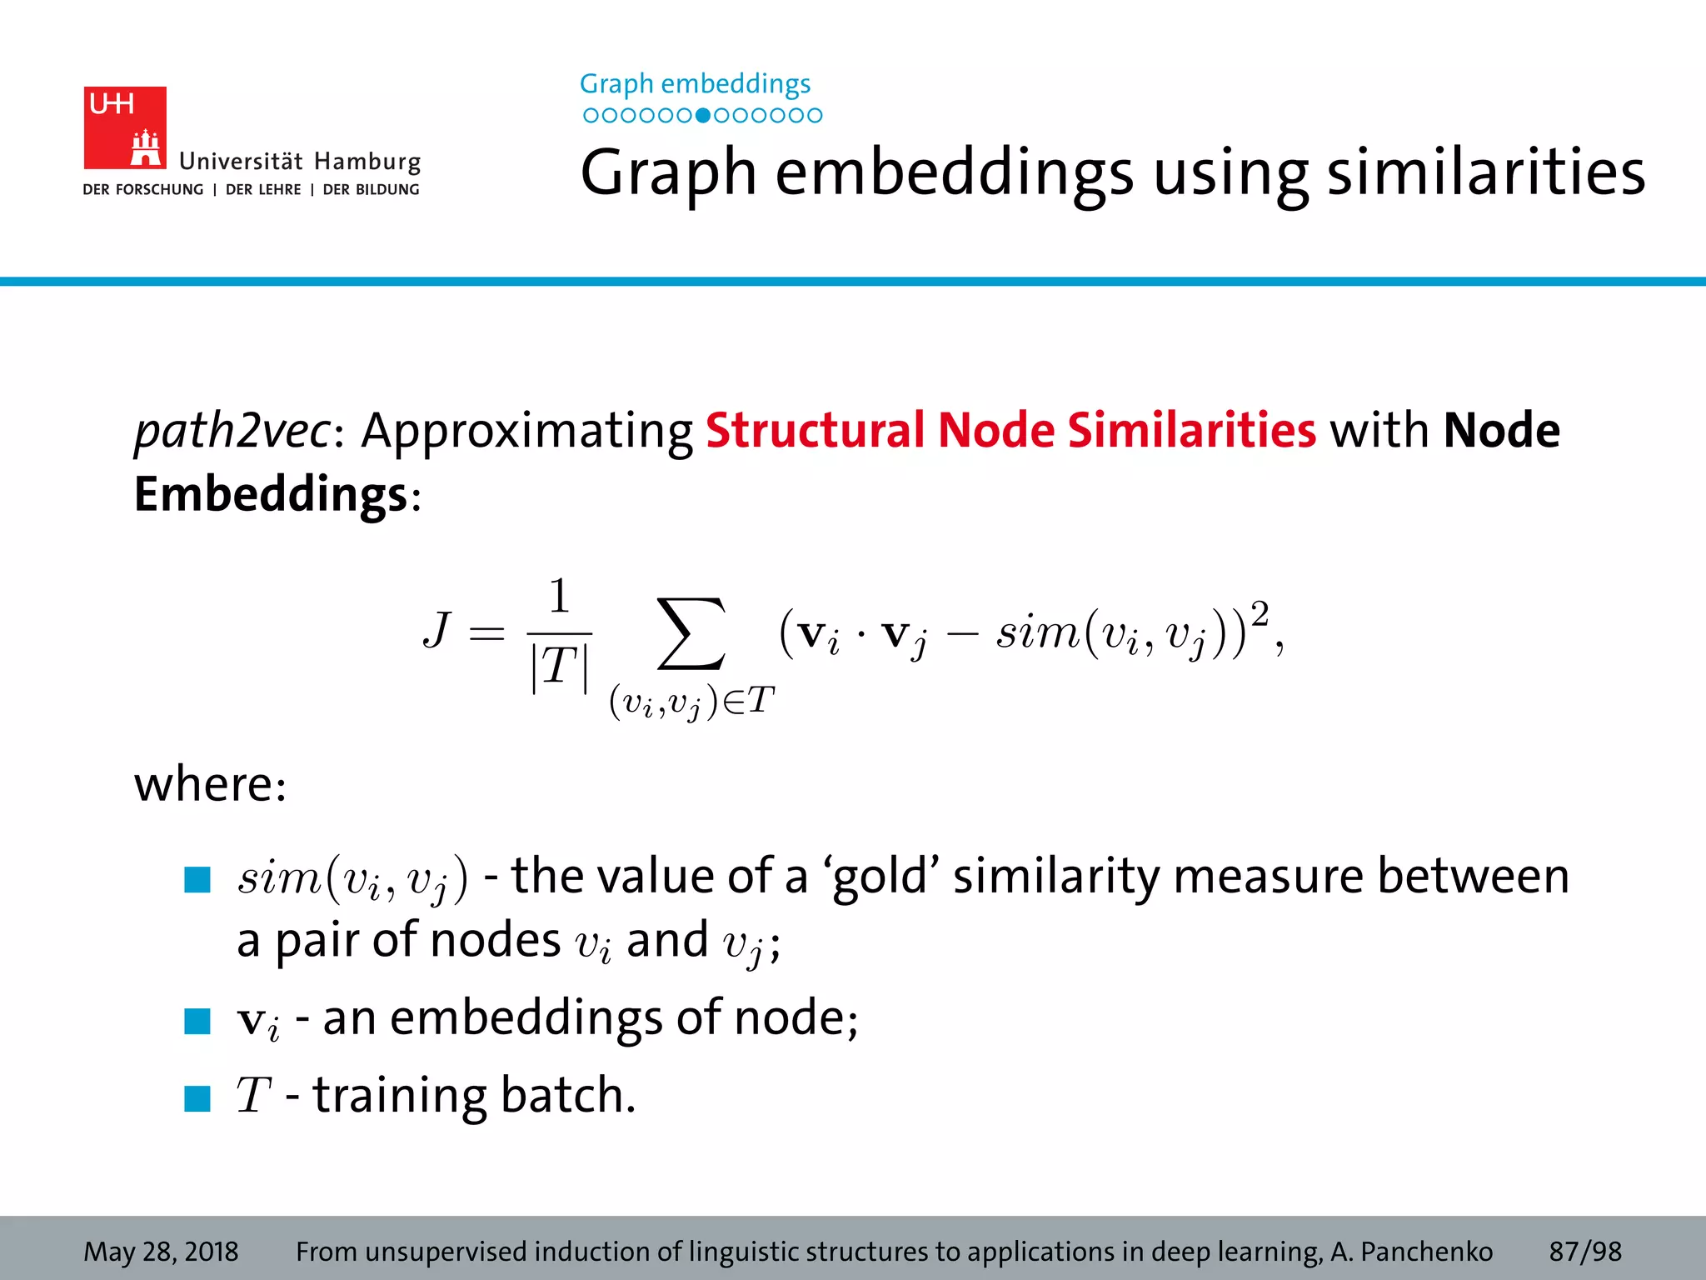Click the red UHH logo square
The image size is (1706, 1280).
coord(125,127)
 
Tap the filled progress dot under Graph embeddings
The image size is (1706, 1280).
coord(703,116)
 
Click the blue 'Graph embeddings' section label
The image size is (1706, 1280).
coord(695,84)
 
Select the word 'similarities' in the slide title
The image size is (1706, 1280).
coord(1485,172)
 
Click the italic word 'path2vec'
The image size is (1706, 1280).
coord(232,431)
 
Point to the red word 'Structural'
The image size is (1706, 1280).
coord(815,431)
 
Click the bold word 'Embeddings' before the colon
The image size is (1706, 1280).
coord(271,494)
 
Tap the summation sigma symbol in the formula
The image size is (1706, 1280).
coord(691,633)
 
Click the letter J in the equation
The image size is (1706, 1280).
coord(437,630)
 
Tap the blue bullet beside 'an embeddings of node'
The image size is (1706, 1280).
coord(197,1021)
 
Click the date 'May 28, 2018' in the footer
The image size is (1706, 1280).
coord(161,1252)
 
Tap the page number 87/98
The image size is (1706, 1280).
coord(1584,1252)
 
